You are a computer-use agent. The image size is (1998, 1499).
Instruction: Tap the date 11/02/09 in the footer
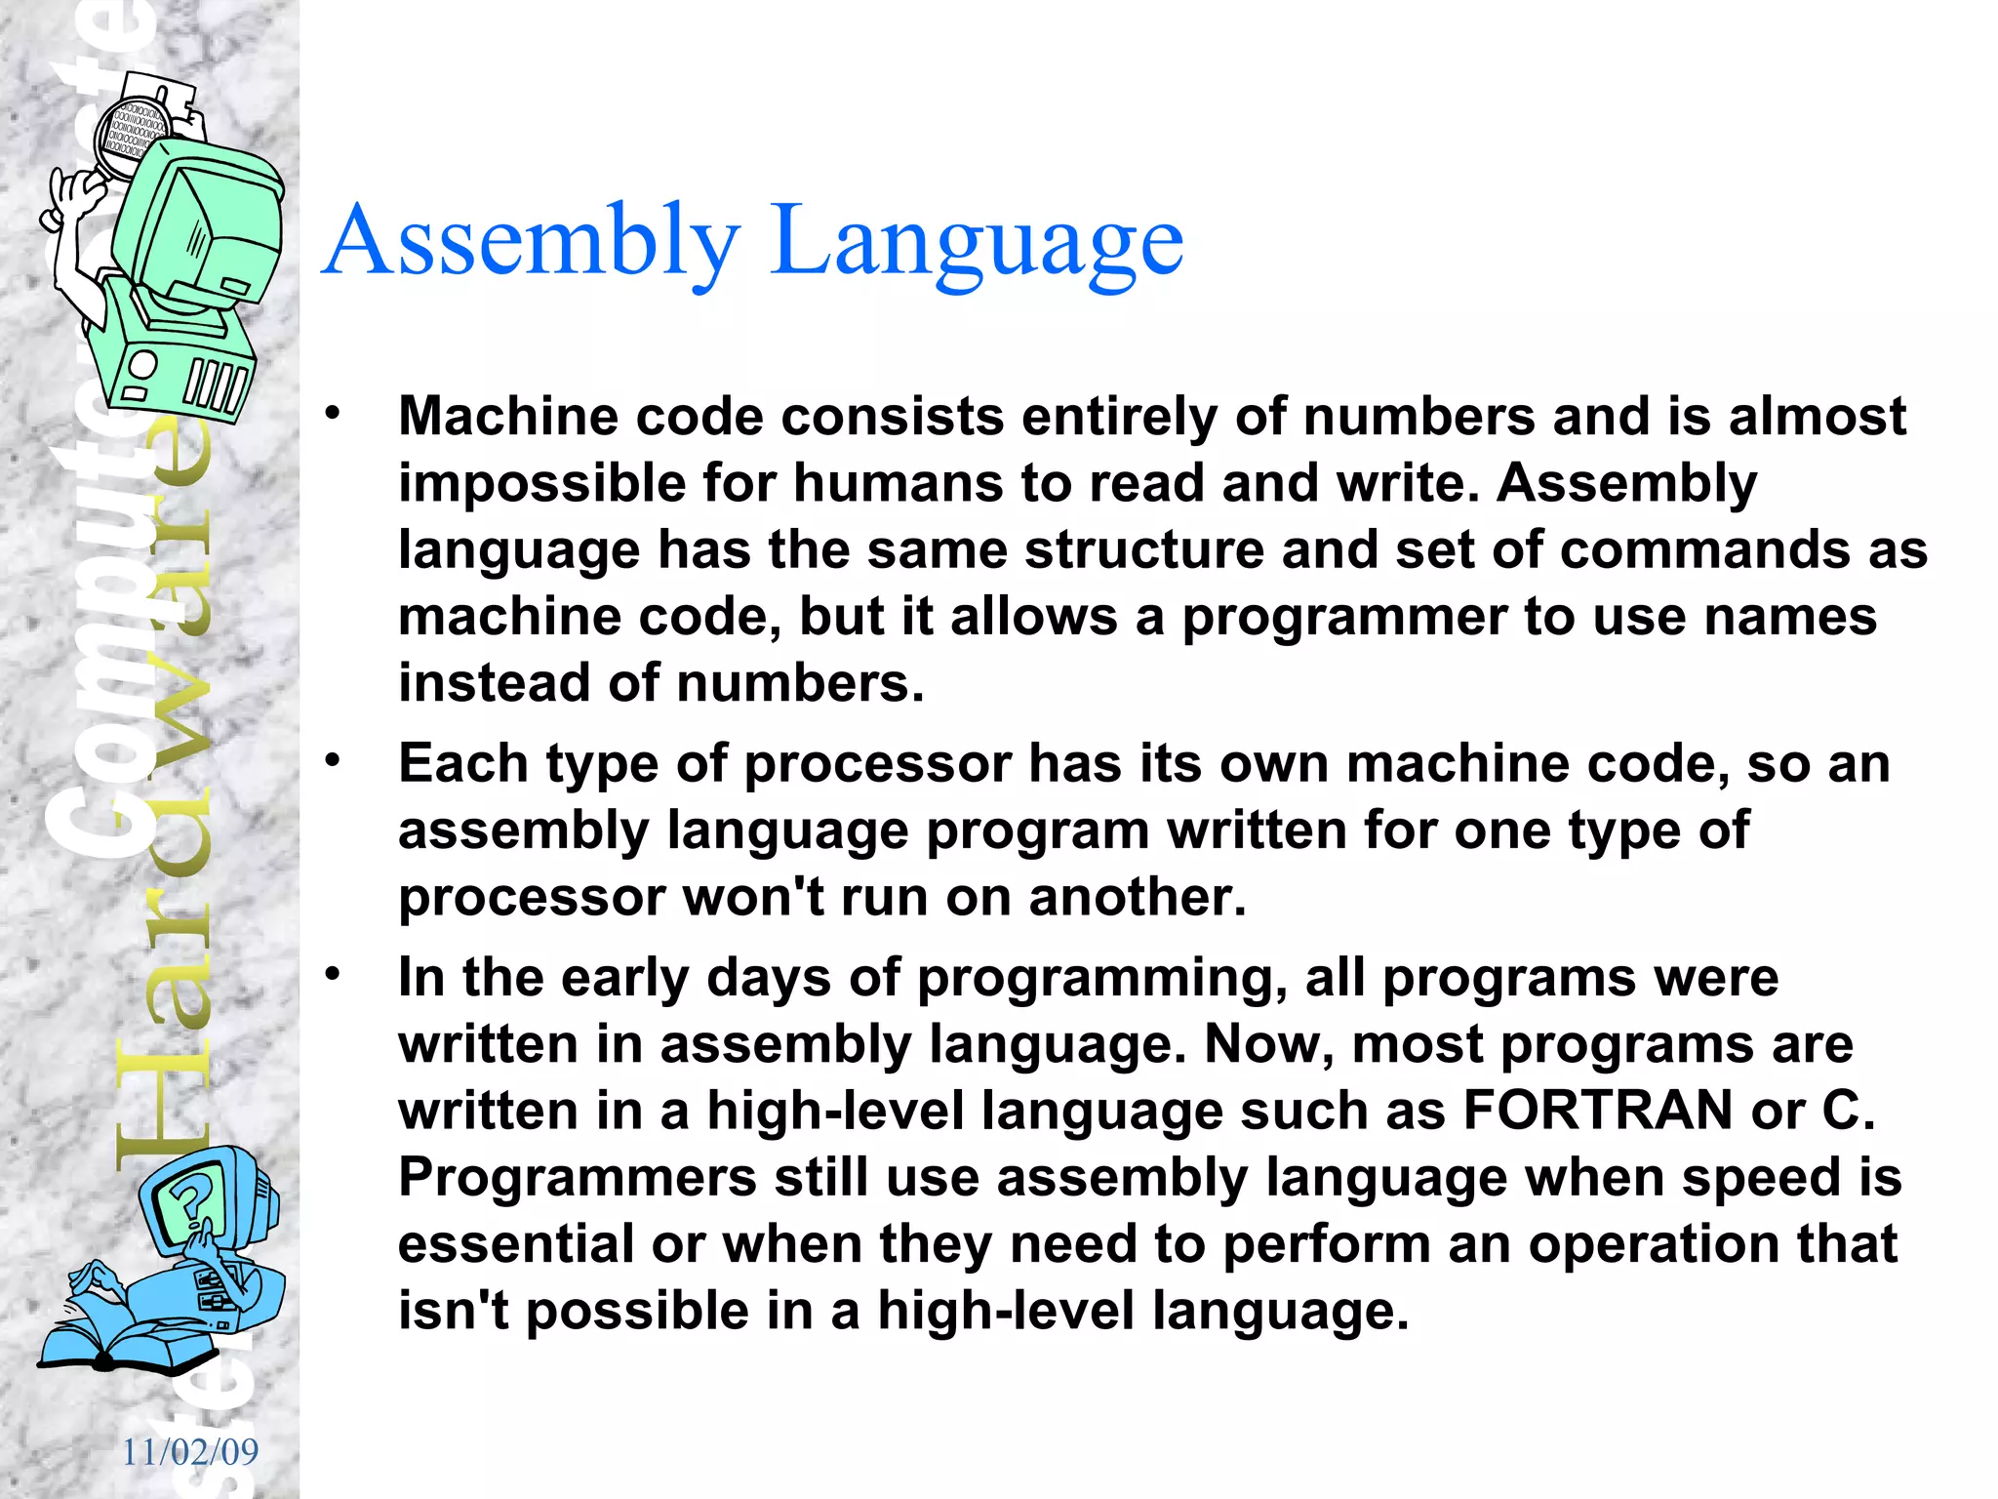[x=190, y=1452]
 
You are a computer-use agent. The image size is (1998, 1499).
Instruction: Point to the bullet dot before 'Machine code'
[x=334, y=413]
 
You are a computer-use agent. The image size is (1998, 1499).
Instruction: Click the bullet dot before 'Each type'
[x=334, y=759]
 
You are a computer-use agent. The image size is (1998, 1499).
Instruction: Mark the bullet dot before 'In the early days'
[x=334, y=974]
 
